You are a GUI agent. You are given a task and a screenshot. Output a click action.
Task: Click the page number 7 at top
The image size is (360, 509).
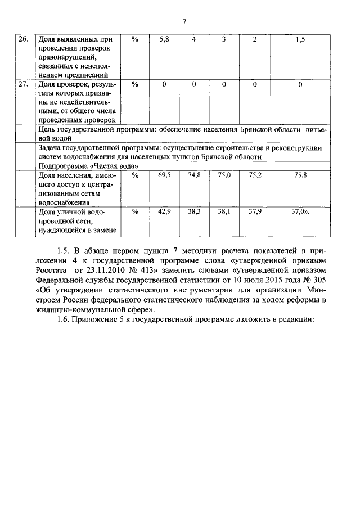(184, 22)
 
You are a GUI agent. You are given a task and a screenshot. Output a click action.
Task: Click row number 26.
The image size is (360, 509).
(23, 39)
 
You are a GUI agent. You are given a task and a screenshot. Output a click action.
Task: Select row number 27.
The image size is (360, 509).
(23, 84)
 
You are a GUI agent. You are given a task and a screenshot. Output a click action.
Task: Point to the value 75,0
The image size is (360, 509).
(224, 175)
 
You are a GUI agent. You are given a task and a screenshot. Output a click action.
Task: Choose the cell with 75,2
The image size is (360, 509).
(255, 175)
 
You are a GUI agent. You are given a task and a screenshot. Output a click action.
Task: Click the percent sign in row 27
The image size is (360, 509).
(134, 84)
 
